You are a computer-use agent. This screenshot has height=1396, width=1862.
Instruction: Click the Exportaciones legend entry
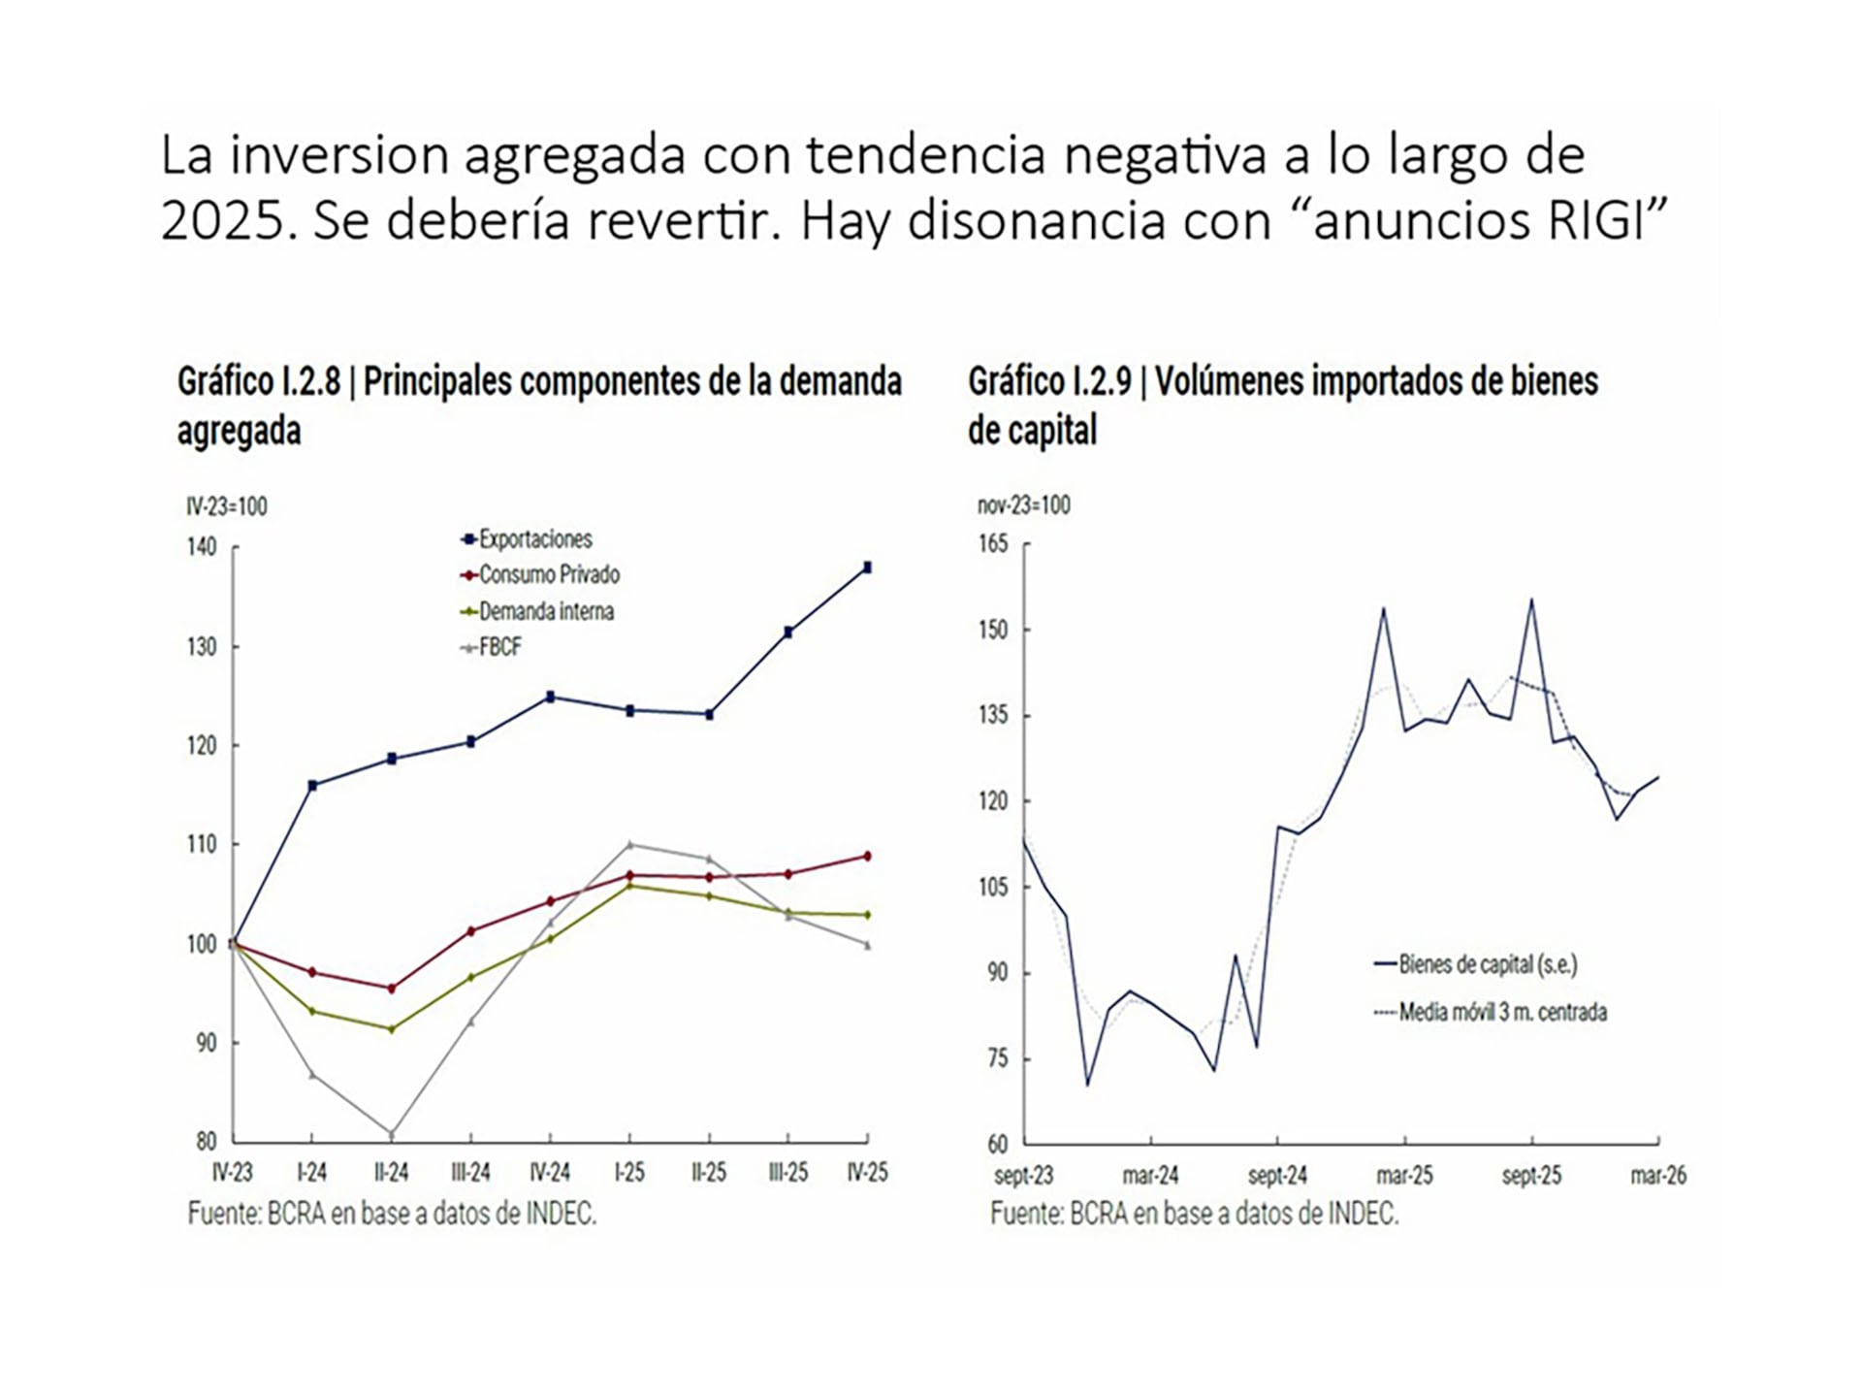tap(526, 539)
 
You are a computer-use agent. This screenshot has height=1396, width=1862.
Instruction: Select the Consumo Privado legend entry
tap(539, 575)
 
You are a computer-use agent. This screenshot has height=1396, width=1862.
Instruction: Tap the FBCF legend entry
tap(491, 647)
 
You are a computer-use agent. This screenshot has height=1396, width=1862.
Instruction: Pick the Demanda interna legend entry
tap(536, 611)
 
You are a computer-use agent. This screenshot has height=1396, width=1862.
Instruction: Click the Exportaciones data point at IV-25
tap(867, 568)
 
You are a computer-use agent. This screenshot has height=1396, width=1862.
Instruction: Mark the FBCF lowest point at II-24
tap(391, 1133)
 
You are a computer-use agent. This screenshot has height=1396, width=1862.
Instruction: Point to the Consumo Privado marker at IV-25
tap(867, 856)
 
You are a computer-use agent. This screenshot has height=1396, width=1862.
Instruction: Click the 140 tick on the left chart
tap(202, 547)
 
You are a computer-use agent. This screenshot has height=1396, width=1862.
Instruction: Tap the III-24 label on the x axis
tap(470, 1173)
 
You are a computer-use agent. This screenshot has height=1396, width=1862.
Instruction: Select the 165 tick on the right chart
tap(993, 543)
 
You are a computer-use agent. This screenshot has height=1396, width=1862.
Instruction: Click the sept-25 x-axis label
tap(1531, 1176)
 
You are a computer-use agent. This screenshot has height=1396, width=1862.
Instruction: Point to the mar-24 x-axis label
tap(1150, 1176)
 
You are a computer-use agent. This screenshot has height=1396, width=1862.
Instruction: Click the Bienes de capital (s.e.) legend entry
tap(1476, 964)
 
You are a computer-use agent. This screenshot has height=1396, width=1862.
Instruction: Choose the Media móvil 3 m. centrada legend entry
tap(1491, 1013)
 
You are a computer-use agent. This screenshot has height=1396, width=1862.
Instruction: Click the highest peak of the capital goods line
tap(1531, 600)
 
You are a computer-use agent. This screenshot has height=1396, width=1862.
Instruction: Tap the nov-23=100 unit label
tap(1023, 505)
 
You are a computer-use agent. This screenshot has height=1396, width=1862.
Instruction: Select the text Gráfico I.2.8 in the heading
tap(259, 381)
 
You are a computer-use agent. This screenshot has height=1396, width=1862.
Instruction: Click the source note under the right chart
tap(1195, 1214)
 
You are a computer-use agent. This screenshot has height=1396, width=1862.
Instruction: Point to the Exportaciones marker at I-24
tap(311, 785)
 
